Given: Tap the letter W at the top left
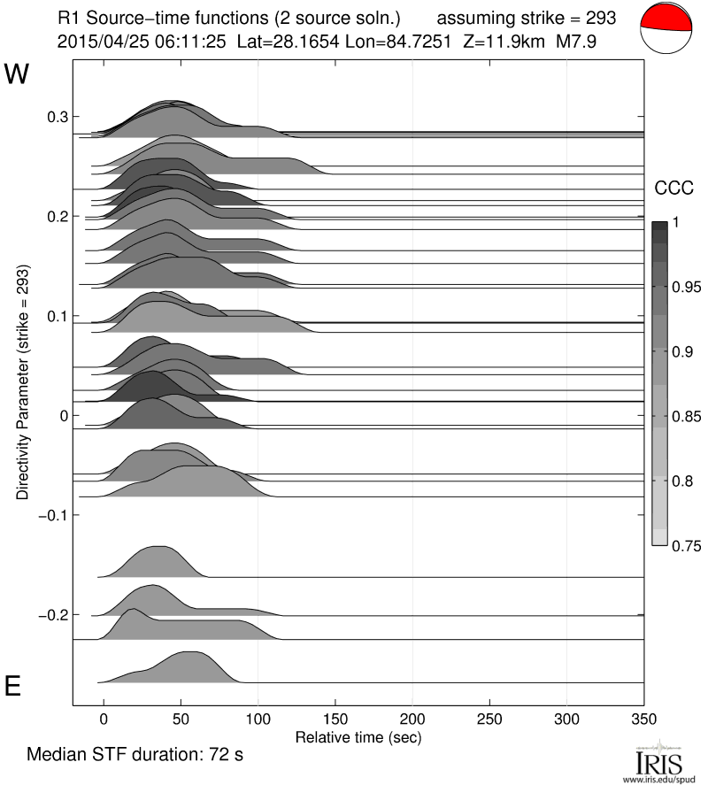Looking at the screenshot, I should point(18,74).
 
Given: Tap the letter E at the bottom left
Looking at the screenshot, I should point(13,687).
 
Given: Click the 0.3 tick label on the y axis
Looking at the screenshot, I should point(57,117).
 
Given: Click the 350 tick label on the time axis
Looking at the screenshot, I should point(644,718).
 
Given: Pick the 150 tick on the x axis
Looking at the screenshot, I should point(335,718).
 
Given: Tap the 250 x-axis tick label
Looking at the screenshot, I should point(489,718).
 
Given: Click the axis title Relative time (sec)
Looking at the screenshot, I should point(358,736).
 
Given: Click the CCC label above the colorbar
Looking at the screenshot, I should point(673,188).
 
